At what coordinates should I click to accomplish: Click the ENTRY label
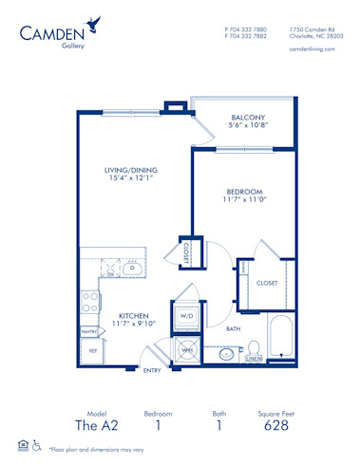coord(151,371)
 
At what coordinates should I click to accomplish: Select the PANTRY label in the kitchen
coord(89,331)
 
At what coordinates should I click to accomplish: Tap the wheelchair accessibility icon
coord(36,444)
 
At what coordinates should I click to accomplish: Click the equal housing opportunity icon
coord(23,444)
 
